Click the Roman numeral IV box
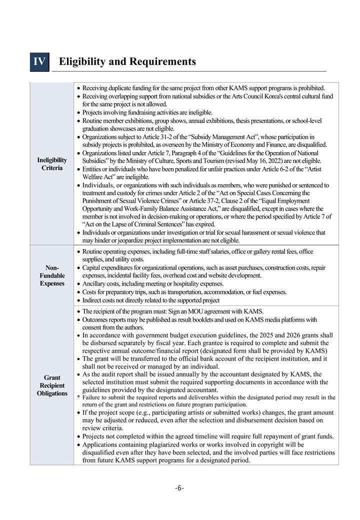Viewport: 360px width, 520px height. [39, 61]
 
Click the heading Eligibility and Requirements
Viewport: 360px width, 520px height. [127, 61]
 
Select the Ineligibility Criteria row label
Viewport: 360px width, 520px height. [52, 164]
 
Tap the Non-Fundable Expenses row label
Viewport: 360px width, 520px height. [52, 275]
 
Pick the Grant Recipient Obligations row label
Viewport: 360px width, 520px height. [52, 385]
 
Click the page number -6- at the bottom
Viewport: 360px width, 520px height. [179, 488]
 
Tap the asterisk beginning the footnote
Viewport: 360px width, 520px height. [79, 397]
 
